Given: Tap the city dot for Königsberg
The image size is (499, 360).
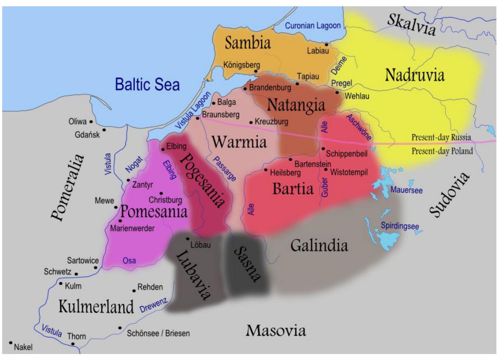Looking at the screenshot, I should (256, 71).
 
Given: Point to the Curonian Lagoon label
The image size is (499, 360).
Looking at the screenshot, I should (313, 25).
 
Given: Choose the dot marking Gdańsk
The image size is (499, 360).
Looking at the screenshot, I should (104, 129).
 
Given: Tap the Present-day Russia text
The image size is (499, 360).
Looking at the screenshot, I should (441, 137).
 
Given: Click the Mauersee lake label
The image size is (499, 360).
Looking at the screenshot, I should (406, 190).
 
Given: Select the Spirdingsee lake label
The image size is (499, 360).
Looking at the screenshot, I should (400, 226).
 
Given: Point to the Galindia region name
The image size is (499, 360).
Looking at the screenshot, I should (319, 245).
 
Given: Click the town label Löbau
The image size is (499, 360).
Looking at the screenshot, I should (200, 245).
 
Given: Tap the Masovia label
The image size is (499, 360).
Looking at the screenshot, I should (276, 330).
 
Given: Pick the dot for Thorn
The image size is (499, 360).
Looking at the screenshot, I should (73, 344).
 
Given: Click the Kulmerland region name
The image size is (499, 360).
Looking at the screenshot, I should (96, 306).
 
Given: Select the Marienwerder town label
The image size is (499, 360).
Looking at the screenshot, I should (132, 228).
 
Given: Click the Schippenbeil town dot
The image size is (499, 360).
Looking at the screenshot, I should (323, 149).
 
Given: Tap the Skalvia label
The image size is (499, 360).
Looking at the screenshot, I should (411, 25).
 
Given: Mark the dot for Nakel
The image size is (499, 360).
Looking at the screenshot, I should (11, 342).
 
